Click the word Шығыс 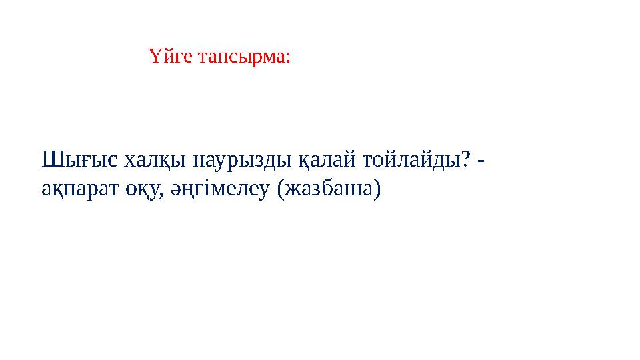point(79,160)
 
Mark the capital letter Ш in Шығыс point(51,160)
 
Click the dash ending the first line point(482,163)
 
